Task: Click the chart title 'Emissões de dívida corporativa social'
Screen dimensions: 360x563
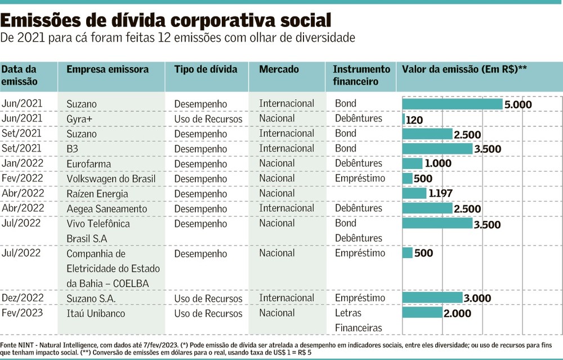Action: tap(166, 21)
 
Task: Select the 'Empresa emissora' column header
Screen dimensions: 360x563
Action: tap(108, 69)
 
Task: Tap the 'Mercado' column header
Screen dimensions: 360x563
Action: tap(279, 69)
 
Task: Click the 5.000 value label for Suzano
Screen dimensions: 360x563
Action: tap(519, 105)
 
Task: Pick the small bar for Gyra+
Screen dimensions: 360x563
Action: tap(404, 119)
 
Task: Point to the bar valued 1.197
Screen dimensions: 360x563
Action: tap(414, 193)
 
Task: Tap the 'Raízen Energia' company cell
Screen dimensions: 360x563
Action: tap(97, 194)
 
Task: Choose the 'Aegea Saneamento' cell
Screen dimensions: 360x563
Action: tap(106, 208)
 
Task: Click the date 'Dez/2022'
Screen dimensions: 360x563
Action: tap(22, 298)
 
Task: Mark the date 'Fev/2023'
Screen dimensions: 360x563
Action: tap(21, 313)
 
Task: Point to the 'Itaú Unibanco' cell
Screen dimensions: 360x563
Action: tap(96, 313)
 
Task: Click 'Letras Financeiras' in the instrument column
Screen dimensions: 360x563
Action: tap(358, 320)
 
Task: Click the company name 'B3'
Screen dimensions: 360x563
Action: tap(72, 149)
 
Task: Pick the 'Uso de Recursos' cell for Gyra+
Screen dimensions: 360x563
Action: tap(208, 119)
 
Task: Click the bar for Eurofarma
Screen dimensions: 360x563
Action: tap(412, 163)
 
